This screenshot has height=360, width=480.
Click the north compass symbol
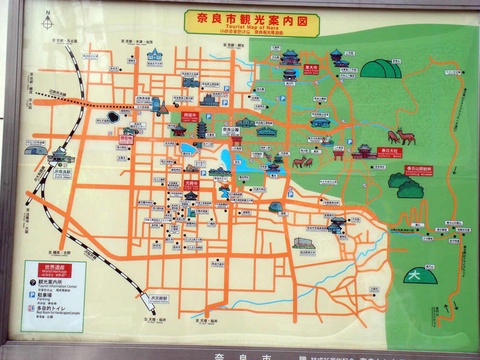tap(48, 21)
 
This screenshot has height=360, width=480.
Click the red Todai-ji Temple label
tap(311, 68)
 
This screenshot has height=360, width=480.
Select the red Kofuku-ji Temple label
tap(189, 116)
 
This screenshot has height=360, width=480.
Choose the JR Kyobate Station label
tap(159, 299)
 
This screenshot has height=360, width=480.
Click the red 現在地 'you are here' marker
tap(126, 140)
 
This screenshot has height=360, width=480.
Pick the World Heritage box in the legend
tap(54, 270)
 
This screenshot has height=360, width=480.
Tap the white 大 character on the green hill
tap(415, 274)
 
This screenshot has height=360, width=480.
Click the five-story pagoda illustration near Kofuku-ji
tap(202, 127)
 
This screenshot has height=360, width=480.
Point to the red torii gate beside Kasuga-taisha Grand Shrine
tap(338, 155)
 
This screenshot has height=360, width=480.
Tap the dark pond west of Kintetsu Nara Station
tap(113, 117)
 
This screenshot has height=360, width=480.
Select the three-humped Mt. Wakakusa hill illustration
tap(381, 69)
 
